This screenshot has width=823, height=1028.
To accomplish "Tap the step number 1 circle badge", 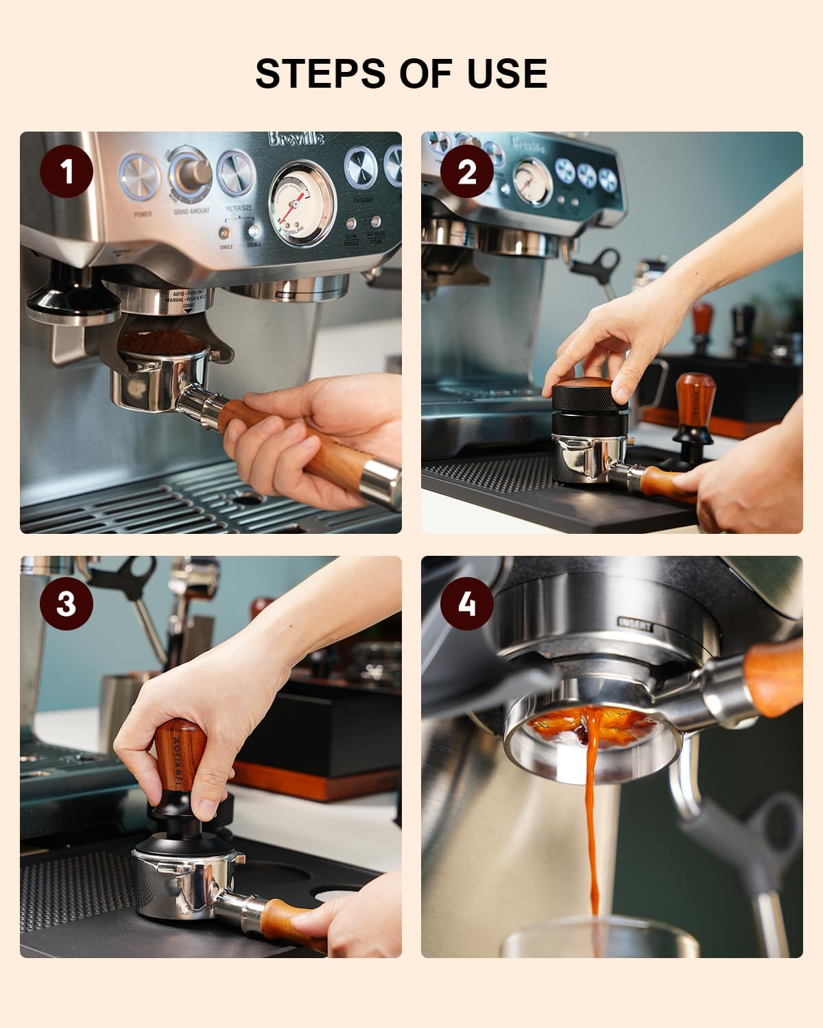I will (67, 171).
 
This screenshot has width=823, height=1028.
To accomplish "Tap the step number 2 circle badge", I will (466, 171).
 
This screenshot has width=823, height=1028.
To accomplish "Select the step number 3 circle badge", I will (67, 604).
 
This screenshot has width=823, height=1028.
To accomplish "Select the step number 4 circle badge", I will (466, 604).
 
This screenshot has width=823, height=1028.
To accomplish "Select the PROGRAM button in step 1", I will (363, 169).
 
